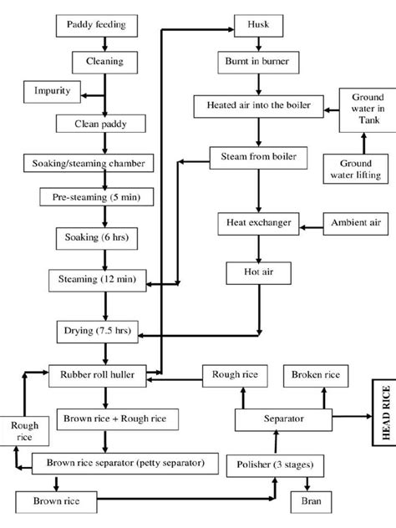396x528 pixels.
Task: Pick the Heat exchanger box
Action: click(x=256, y=224)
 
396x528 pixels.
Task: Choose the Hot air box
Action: click(x=256, y=272)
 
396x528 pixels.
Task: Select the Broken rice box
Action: click(x=315, y=376)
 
